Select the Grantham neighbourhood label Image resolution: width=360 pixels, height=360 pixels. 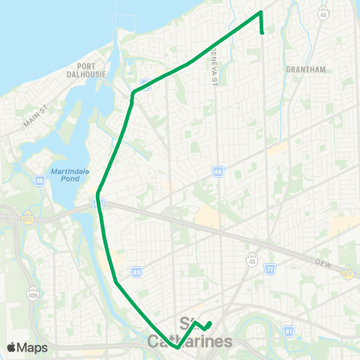pos(306,69)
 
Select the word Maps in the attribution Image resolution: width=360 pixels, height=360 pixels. pos(33,347)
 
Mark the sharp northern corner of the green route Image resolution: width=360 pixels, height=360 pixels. pos(260,13)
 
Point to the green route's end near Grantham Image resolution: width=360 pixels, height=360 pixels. pos(262,33)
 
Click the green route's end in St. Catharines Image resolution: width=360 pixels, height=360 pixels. pos(211,323)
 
